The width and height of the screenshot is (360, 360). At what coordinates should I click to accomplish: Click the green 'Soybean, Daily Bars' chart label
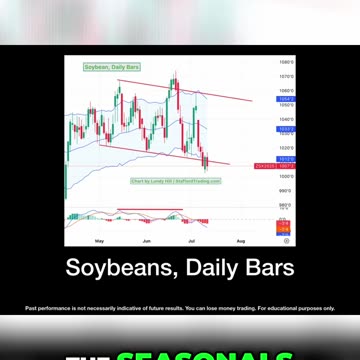(111, 67)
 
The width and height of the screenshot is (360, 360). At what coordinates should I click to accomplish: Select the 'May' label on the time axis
(98, 242)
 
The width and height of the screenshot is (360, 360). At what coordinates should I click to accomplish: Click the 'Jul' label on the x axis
(192, 242)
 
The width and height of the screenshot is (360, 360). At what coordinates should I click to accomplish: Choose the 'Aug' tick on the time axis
(241, 242)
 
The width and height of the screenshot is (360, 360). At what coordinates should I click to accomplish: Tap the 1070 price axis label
(284, 76)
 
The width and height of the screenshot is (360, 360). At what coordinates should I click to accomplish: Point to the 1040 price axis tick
(284, 117)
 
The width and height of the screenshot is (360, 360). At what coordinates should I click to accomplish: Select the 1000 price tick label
(284, 176)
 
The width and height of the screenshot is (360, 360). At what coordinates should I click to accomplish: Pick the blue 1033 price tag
(284, 129)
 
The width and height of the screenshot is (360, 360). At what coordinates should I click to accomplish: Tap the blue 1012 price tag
(284, 157)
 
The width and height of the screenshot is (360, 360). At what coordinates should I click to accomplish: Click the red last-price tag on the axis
(284, 165)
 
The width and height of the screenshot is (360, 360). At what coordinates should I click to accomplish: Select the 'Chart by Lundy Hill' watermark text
(160, 181)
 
